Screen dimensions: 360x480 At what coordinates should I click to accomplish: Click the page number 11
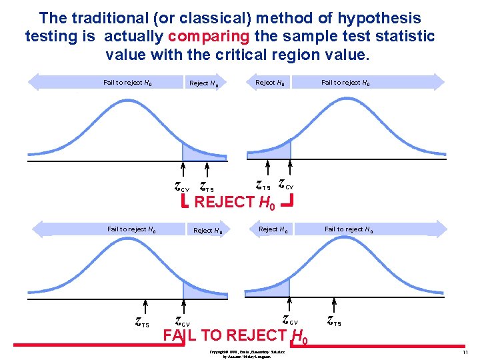(465, 351)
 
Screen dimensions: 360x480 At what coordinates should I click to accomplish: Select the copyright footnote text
(247, 353)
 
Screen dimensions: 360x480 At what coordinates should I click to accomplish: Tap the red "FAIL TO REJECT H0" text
(235, 335)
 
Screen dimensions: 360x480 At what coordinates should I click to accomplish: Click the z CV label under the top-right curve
(285, 183)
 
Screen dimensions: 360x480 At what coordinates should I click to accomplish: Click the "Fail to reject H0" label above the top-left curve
(127, 83)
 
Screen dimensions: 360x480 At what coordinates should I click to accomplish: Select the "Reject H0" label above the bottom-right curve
(273, 229)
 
